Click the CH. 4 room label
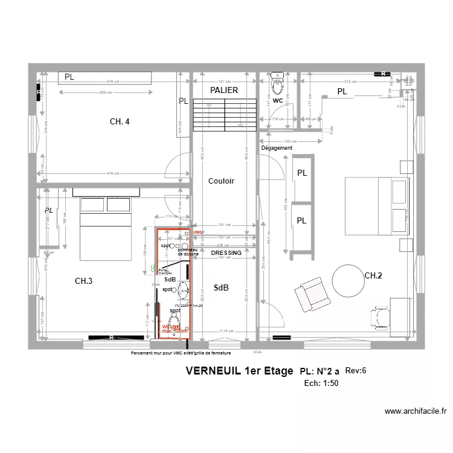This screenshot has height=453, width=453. pyautogui.click(x=120, y=121)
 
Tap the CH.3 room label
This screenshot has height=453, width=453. pyautogui.click(x=83, y=281)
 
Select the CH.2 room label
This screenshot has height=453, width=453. pyautogui.click(x=373, y=276)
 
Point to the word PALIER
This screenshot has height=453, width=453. pyautogui.click(x=224, y=90)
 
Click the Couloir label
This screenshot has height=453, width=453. pyautogui.click(x=221, y=181)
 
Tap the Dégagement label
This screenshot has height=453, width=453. pyautogui.click(x=277, y=148)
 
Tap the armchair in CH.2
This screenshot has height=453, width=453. pyautogui.click(x=312, y=294)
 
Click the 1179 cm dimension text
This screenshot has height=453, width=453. pyautogui.click(x=226, y=331)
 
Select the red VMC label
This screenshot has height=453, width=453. pyautogui.click(x=198, y=233)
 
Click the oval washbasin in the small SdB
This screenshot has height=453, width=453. pyautogui.click(x=184, y=291)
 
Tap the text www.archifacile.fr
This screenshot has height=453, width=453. pyautogui.click(x=416, y=411)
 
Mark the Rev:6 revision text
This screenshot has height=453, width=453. pyautogui.click(x=356, y=370)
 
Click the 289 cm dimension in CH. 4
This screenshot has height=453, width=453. pyautogui.click(x=106, y=92)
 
